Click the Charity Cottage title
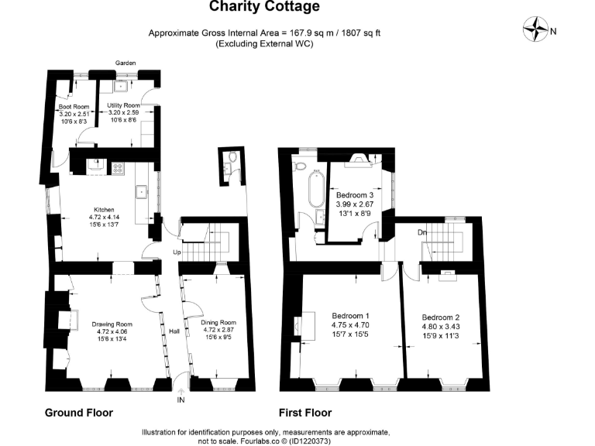[x=264, y=6]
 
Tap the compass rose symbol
[x=535, y=29]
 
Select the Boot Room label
[x=74, y=107]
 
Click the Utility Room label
[x=123, y=105]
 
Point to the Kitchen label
[x=104, y=210]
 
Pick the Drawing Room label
[x=112, y=324]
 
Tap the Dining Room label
[x=218, y=323]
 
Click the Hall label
[x=174, y=331]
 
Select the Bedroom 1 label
[x=350, y=316]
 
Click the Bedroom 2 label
[x=441, y=317]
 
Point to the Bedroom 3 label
[x=355, y=195]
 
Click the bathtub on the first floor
[x=316, y=190]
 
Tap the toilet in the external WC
[x=233, y=156]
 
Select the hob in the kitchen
[x=117, y=168]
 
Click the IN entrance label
[x=181, y=400]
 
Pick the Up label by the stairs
[x=177, y=252]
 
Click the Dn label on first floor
[x=422, y=232]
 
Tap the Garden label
[x=126, y=63]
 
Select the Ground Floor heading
[x=79, y=413]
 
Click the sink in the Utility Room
[x=122, y=87]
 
